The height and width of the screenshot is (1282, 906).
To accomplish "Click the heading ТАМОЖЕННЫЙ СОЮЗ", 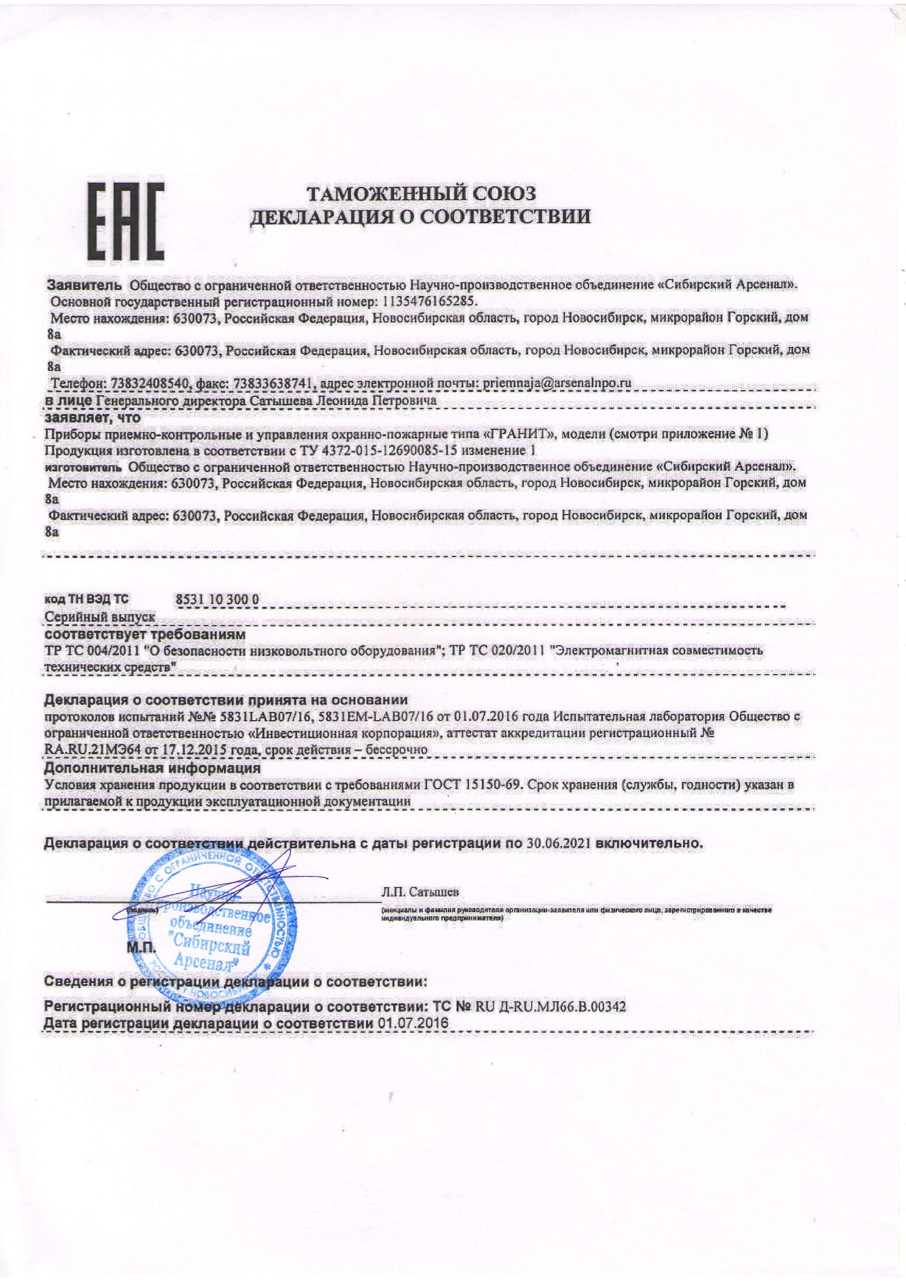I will pyautogui.click(x=422, y=193).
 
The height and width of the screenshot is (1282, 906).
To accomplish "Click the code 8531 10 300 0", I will pyautogui.click(x=217, y=599).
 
